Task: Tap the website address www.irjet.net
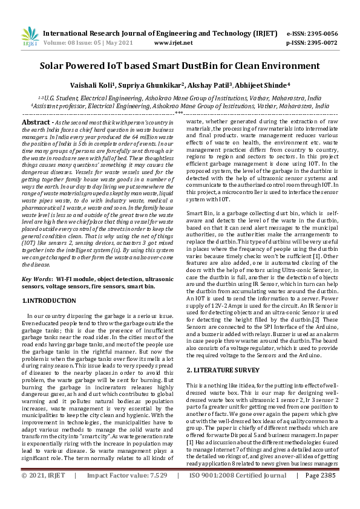(174, 44)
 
